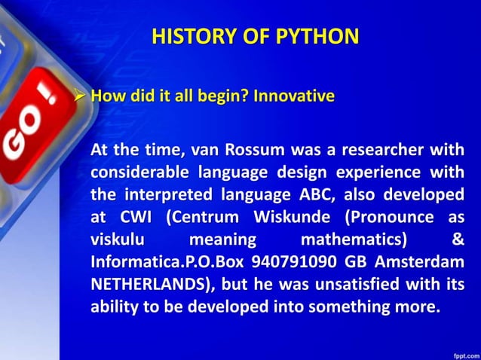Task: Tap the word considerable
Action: click(136, 172)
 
